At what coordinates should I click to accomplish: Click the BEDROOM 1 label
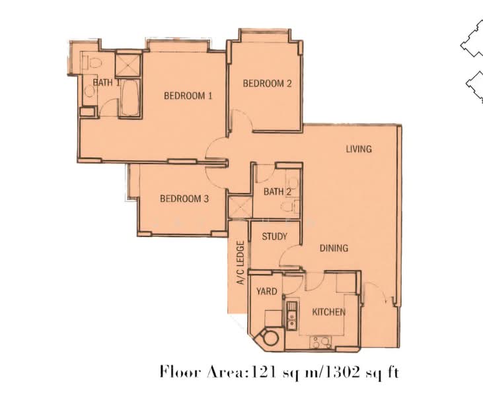188,96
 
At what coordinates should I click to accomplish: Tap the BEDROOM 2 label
267,83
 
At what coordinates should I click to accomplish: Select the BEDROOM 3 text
184,198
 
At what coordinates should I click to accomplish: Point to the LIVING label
359,148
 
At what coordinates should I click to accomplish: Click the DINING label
334,248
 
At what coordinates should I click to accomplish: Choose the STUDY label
274,236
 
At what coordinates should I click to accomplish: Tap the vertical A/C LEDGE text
241,263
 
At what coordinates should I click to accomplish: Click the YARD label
266,291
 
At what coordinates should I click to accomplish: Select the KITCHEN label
328,312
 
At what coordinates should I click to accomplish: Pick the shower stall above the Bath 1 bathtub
125,63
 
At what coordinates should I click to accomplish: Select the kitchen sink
289,315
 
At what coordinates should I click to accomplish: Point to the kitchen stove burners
319,343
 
